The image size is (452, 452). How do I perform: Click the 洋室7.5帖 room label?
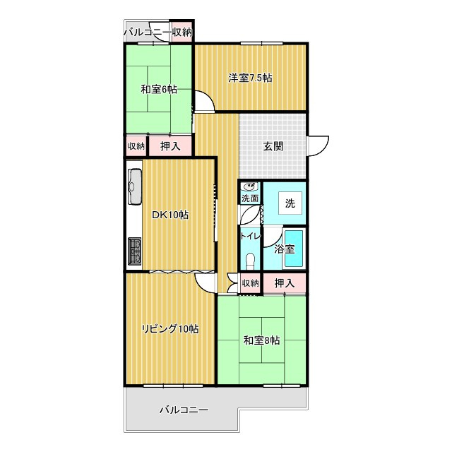[x=250, y=78]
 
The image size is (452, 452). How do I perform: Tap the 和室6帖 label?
[x=159, y=90]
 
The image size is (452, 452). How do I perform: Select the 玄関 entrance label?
[x=273, y=146]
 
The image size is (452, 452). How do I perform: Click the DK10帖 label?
[x=170, y=215]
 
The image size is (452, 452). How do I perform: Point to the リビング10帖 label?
[x=170, y=329]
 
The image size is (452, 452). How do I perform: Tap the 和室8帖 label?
[x=261, y=340]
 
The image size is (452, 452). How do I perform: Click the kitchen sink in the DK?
[x=135, y=186]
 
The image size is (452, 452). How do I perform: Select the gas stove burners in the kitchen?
[x=135, y=251]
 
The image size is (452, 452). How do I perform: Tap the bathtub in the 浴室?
[x=294, y=248]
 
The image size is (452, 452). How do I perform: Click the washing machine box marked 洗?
[x=290, y=203]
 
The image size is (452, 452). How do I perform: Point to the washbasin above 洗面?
[x=250, y=186]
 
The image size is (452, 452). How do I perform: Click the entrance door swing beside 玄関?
[x=319, y=146]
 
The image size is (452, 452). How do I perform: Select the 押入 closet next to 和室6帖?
[x=170, y=146]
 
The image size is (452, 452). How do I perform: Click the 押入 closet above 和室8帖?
[x=285, y=283]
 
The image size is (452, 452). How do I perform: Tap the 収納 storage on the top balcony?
[x=182, y=32]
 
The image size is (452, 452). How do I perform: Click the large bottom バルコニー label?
[x=184, y=410]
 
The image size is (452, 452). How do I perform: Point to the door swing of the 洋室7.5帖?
[x=204, y=100]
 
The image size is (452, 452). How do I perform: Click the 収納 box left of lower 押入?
[x=250, y=283]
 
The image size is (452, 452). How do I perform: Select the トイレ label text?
[x=251, y=237]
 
